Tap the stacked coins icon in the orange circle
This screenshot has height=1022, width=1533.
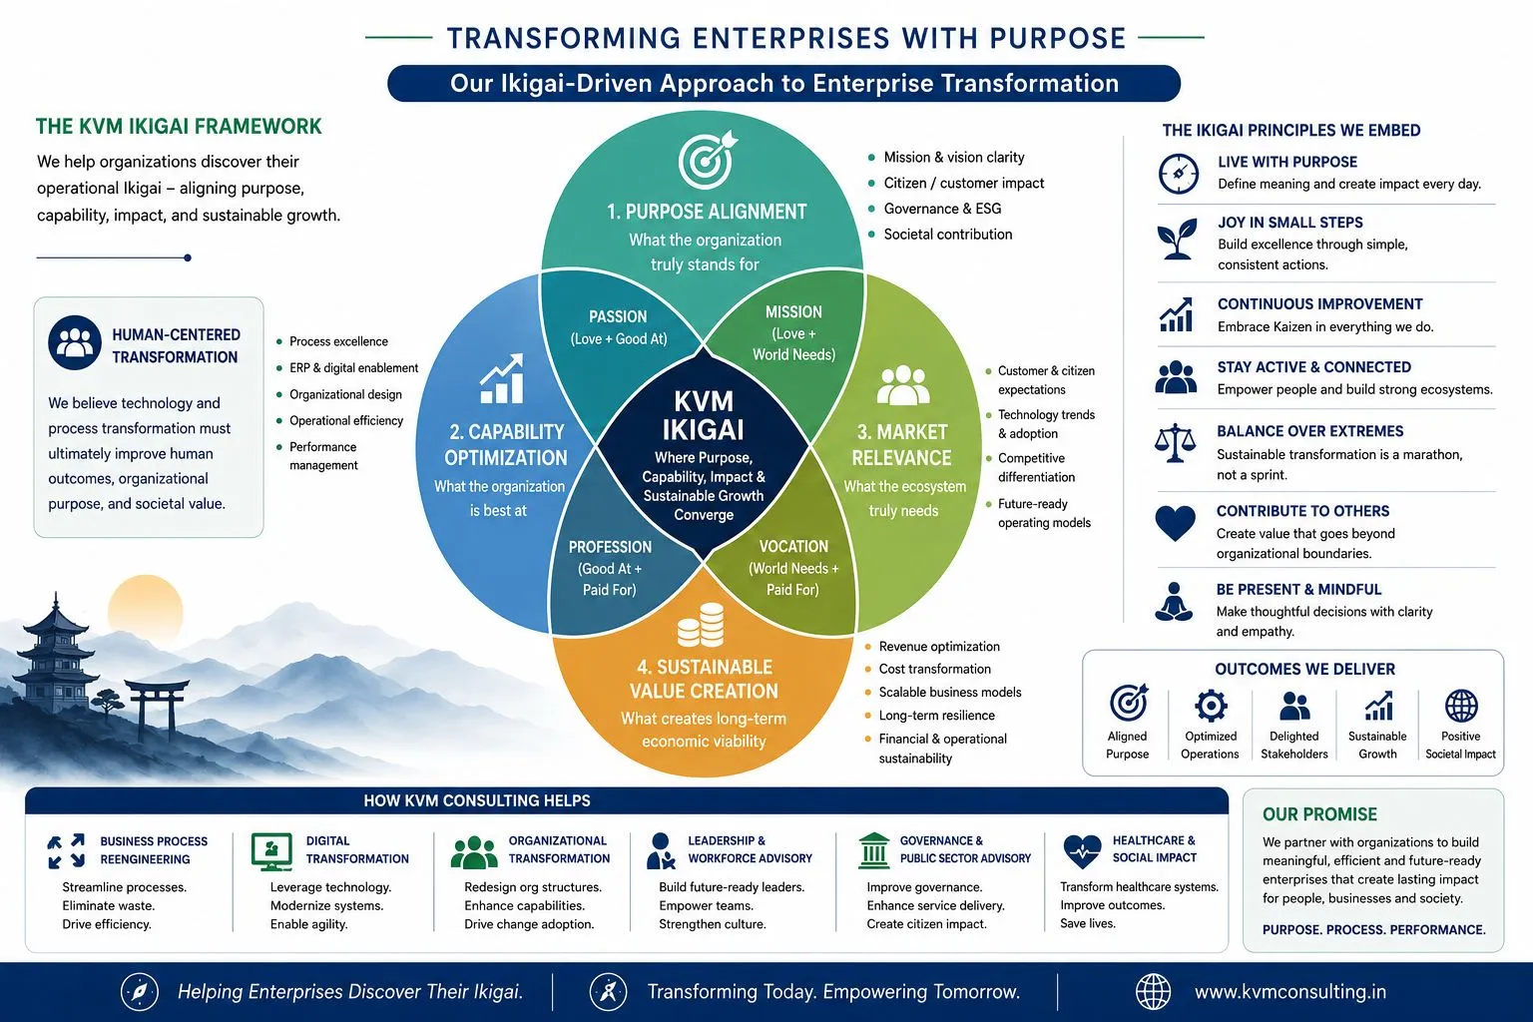pos(701,625)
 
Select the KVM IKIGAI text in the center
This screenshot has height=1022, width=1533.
pos(703,415)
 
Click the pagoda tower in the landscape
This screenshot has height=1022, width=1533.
pos(56,657)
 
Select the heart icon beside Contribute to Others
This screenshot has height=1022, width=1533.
pos(1175,523)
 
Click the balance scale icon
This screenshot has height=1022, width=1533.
pos(1175,443)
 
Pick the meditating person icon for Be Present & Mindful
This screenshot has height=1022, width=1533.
pos(1174,602)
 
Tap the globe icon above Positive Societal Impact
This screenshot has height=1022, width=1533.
pos(1461,706)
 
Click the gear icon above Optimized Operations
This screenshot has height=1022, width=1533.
pos(1211,706)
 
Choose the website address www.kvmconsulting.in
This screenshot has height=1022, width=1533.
pos(1290,992)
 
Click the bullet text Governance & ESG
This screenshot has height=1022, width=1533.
pos(942,209)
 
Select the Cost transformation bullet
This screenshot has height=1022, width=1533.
pos(935,669)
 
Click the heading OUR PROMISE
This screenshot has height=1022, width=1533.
pos(1319,813)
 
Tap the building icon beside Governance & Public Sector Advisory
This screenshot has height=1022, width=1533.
pos(874,851)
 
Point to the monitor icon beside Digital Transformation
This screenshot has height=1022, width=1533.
pos(271,851)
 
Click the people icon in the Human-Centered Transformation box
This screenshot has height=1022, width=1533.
pos(75,342)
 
